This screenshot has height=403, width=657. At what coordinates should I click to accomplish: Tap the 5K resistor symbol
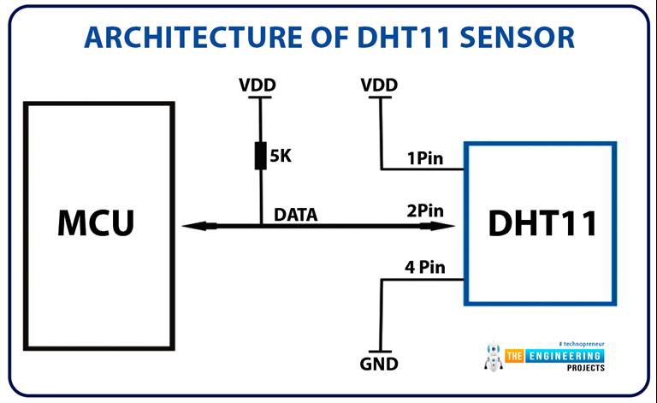coord(260,157)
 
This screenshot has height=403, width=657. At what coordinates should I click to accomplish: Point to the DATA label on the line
coord(295,215)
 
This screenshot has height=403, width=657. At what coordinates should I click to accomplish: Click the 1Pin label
coord(424,158)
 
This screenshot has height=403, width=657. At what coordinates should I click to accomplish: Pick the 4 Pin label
coord(425,268)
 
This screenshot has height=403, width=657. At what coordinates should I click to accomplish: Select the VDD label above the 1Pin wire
coord(379,86)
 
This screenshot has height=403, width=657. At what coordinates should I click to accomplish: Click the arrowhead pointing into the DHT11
coord(447,226)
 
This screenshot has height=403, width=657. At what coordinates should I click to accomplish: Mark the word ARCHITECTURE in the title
coord(181,37)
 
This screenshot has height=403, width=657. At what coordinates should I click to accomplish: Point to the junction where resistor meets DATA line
coord(260,226)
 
